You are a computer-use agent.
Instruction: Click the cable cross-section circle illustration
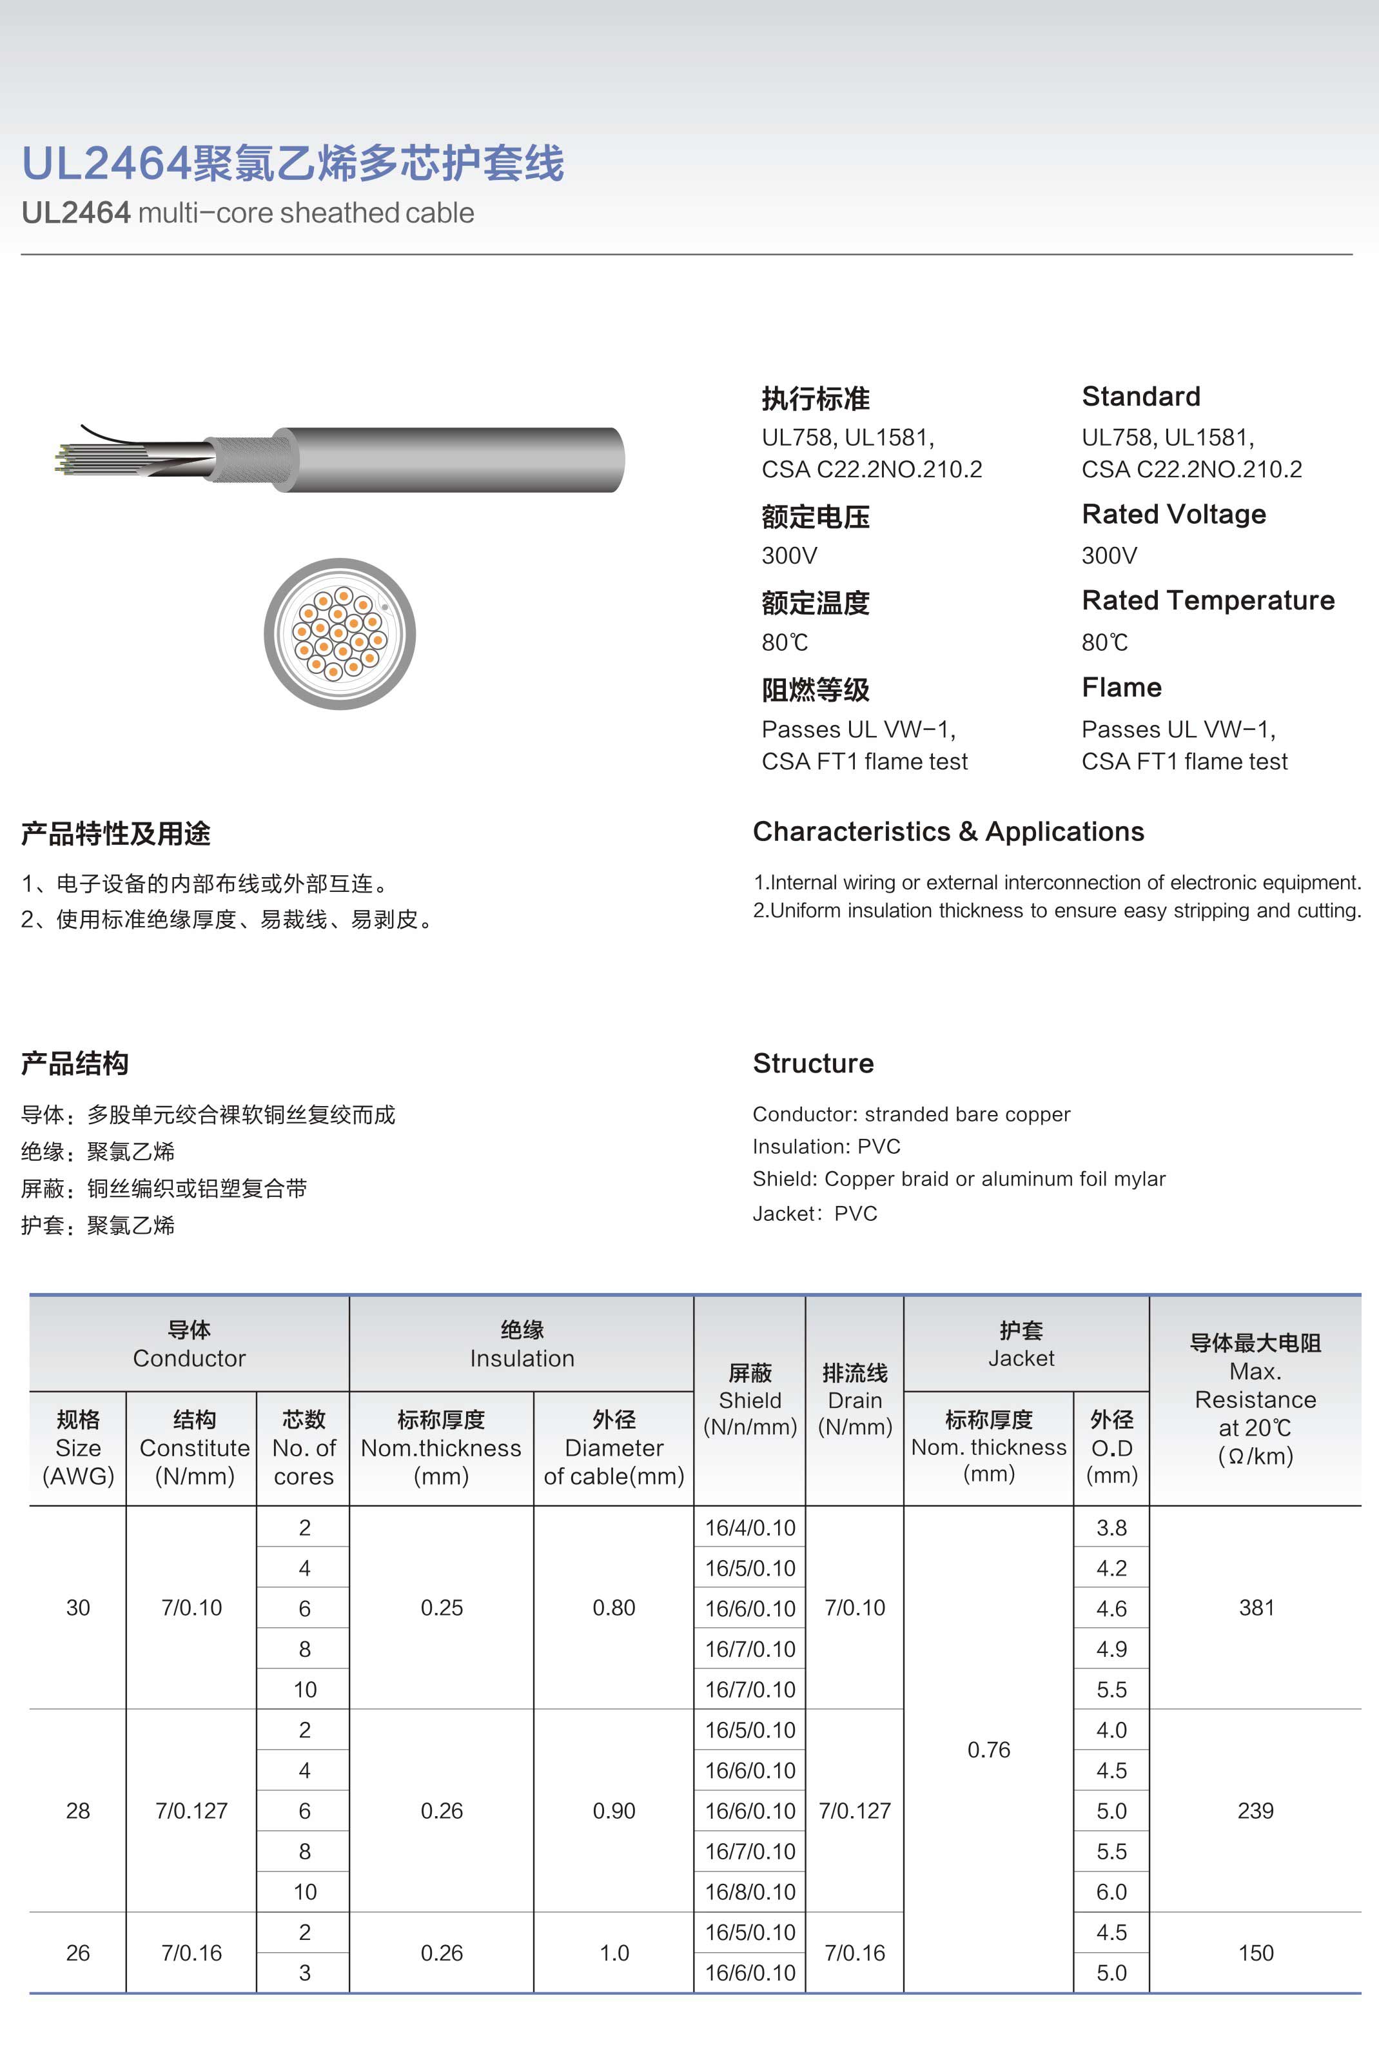tap(340, 633)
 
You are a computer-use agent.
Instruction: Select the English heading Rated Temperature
tap(1208, 600)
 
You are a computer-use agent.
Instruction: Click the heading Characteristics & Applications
tap(948, 831)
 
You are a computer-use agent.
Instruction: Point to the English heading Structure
tap(812, 1063)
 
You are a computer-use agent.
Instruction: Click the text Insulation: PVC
tap(826, 1146)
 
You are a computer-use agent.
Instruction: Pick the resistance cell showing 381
tap(1256, 1608)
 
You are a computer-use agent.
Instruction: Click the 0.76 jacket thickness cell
tap(988, 1750)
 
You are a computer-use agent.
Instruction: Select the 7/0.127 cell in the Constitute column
tap(191, 1810)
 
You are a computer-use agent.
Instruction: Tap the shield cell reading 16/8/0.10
tap(749, 1891)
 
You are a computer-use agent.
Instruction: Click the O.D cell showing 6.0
tap(1111, 1891)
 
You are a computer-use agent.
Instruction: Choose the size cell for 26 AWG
tap(78, 1953)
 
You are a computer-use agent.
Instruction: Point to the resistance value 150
tap(1256, 1953)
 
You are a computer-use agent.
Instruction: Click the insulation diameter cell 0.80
tap(613, 1608)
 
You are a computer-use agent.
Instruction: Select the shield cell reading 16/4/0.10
tap(749, 1528)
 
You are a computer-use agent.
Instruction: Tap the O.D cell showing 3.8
tap(1111, 1528)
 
